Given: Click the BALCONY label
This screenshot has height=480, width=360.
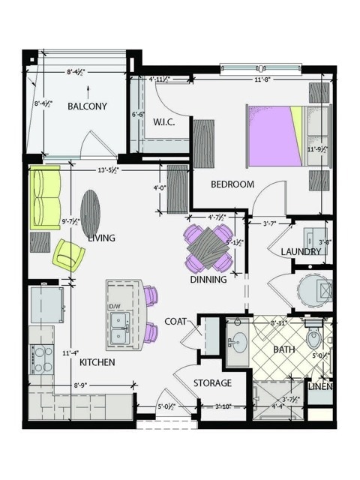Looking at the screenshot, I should point(88,106).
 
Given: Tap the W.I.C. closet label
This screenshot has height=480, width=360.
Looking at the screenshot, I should point(164,122).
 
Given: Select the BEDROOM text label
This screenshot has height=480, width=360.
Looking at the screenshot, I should point(232,184).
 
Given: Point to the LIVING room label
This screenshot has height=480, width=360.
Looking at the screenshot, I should point(101,238).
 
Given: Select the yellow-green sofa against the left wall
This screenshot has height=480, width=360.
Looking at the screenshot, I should point(44,199).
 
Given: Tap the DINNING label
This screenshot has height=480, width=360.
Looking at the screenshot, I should point(208,280).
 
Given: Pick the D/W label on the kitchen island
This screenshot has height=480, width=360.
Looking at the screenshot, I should point(115,307).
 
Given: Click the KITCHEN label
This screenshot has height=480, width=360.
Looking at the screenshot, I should point(97,363).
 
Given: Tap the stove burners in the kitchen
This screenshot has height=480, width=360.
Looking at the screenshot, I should point(40,358).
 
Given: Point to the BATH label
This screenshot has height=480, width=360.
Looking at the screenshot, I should point(284,349).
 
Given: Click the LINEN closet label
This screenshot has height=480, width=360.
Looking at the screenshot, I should point(321,387).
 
